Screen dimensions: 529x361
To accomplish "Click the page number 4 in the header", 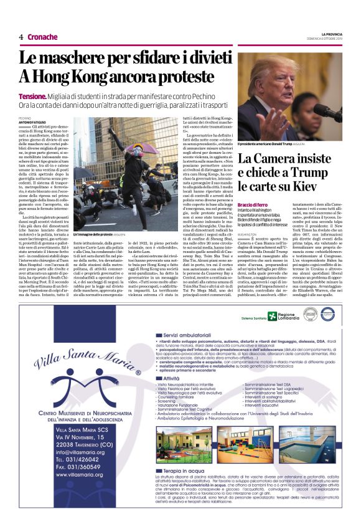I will [x=21, y=37].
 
